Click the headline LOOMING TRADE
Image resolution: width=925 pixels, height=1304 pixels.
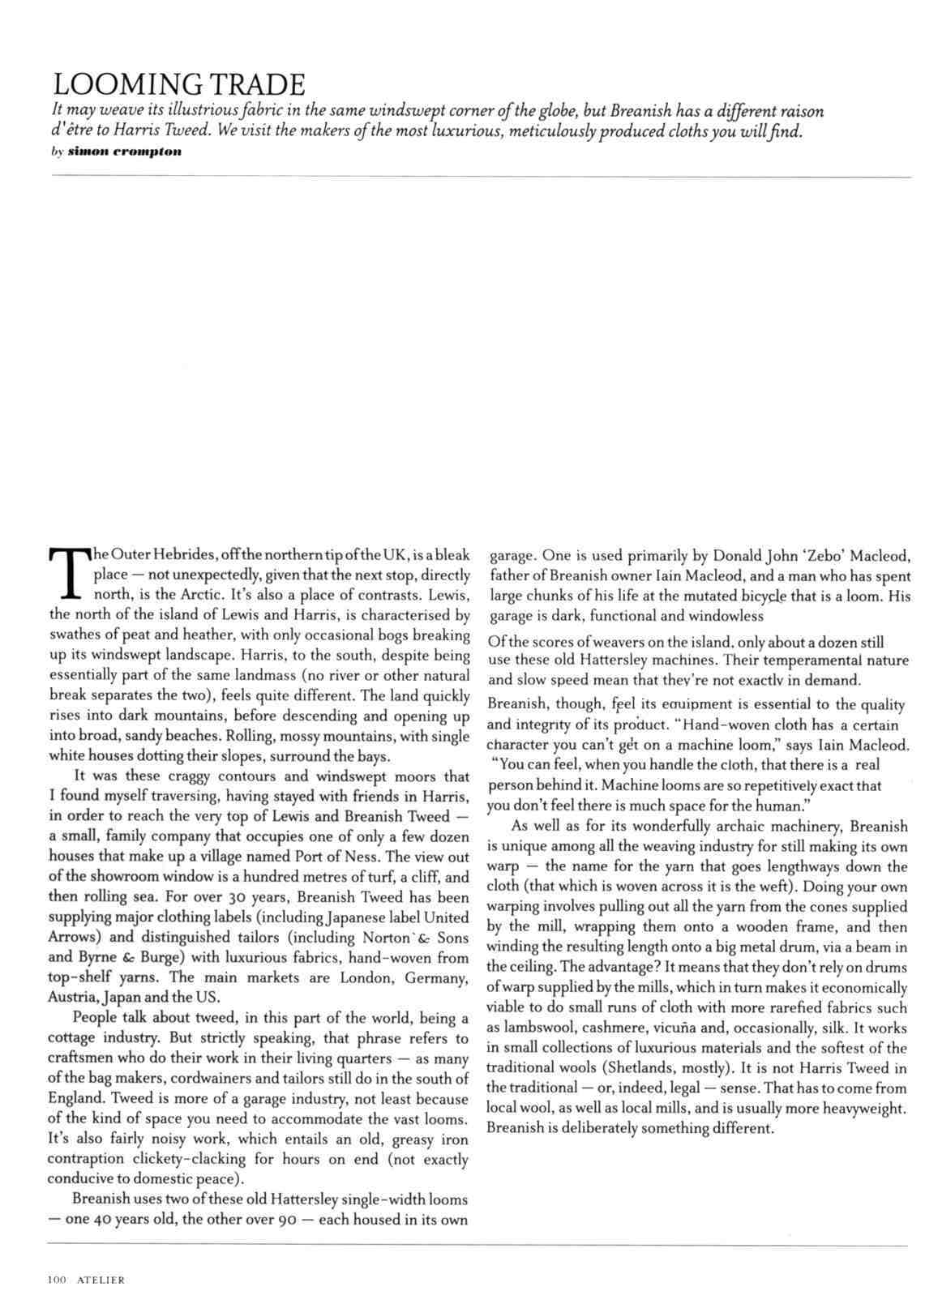pos(178,83)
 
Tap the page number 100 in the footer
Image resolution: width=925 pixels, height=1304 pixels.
pos(57,1280)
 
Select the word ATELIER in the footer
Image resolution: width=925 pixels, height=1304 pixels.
pos(101,1280)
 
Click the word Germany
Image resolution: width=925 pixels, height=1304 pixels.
pos(436,978)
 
